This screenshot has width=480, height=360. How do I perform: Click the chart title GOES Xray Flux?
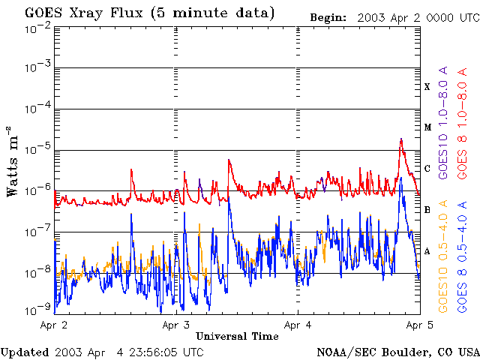pos(83,13)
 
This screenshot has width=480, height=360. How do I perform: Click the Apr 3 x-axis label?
pos(176,325)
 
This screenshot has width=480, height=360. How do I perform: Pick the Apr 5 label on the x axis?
pos(420,325)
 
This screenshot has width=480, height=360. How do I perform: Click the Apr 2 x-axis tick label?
pos(54,325)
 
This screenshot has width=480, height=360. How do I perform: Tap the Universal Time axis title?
pos(237,337)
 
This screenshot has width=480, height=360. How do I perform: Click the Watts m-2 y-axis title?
pos(12,161)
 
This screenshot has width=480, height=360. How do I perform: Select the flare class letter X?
pos(427,87)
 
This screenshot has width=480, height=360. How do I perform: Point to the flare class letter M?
pos(427,127)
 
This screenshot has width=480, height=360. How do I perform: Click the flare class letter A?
pos(427,251)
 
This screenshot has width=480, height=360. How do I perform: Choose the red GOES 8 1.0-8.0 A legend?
pos(462,123)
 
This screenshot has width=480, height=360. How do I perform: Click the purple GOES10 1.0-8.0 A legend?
pos(443,122)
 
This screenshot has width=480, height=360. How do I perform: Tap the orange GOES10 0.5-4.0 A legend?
pos(443,256)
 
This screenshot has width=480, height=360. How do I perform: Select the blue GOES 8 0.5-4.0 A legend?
pos(462,256)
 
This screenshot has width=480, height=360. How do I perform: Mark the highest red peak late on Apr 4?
pos(401,139)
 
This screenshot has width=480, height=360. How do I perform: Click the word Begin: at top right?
pos(328,17)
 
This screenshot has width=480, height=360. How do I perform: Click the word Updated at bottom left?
pos(25,352)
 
